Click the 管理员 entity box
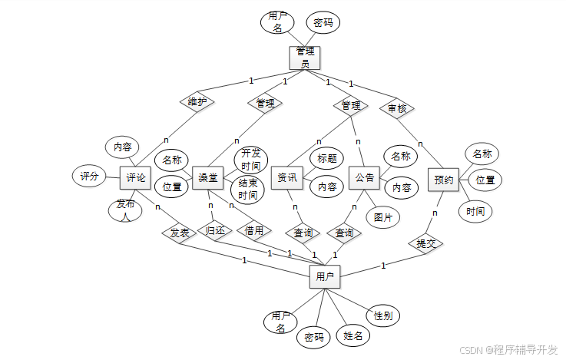point(305,57)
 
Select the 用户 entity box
point(325,276)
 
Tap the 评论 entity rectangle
point(135,177)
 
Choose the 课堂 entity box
point(207,177)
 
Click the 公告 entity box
point(364,177)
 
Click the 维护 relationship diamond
point(197,101)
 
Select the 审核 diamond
point(397,108)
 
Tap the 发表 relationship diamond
point(179,232)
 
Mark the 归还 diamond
point(215,230)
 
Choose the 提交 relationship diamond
point(425,243)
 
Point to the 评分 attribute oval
point(90,176)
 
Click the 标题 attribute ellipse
point(326,159)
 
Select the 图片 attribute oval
point(382,217)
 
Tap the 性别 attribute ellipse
point(382,315)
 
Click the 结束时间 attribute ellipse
point(247,190)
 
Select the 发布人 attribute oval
point(124,210)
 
